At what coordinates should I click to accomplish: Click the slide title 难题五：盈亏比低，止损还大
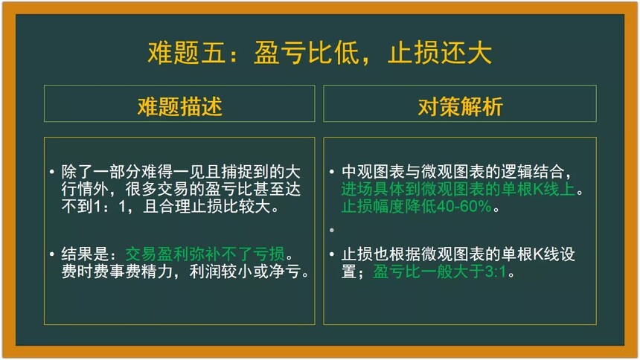[x=319, y=53]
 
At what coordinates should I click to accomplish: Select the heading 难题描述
[x=179, y=107]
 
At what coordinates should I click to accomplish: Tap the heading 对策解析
[x=460, y=107]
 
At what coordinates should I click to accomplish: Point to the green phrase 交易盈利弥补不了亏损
[x=205, y=254]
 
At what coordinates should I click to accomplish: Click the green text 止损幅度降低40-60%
[x=416, y=207]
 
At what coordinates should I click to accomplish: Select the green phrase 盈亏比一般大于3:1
[x=439, y=271]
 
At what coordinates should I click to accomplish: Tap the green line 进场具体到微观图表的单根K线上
[x=458, y=190]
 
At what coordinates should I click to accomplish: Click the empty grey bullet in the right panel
[x=332, y=230]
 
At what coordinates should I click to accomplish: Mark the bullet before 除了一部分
[x=52, y=172]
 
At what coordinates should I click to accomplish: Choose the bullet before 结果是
[x=52, y=254]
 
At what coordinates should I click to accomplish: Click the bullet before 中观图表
[x=332, y=172]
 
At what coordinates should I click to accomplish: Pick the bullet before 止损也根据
[x=332, y=254]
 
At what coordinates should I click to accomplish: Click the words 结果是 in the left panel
[x=85, y=254]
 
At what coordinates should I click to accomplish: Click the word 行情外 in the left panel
[x=85, y=190]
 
